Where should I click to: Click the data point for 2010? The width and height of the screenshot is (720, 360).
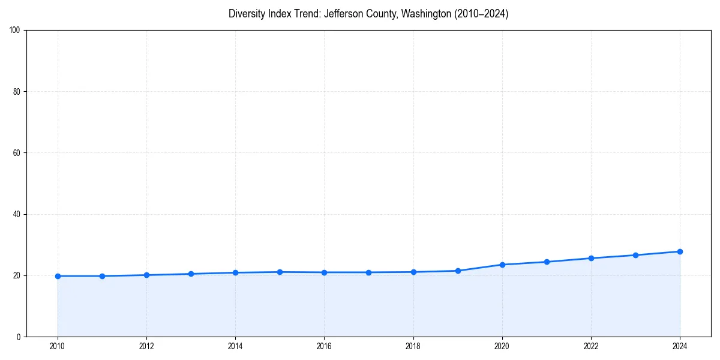[58, 276]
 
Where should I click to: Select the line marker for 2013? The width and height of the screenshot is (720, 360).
[191, 274]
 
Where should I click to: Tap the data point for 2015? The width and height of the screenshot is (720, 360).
[280, 272]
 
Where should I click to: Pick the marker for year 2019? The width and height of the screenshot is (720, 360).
[458, 271]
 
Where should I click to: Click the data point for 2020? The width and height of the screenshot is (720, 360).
[502, 265]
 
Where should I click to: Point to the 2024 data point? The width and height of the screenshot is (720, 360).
[680, 251]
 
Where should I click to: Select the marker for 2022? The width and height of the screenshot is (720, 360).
[591, 258]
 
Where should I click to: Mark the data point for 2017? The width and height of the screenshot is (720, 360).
[368, 272]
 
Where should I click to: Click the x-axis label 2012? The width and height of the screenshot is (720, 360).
[146, 346]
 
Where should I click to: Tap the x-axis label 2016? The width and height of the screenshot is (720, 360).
[324, 346]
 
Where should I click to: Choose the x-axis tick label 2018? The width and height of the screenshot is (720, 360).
[413, 346]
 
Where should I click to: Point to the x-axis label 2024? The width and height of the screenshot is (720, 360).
[680, 346]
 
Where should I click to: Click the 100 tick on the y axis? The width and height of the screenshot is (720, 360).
[16, 30]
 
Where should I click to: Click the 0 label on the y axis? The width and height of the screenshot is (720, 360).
[19, 337]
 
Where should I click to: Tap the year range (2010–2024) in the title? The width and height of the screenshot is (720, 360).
[481, 14]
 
